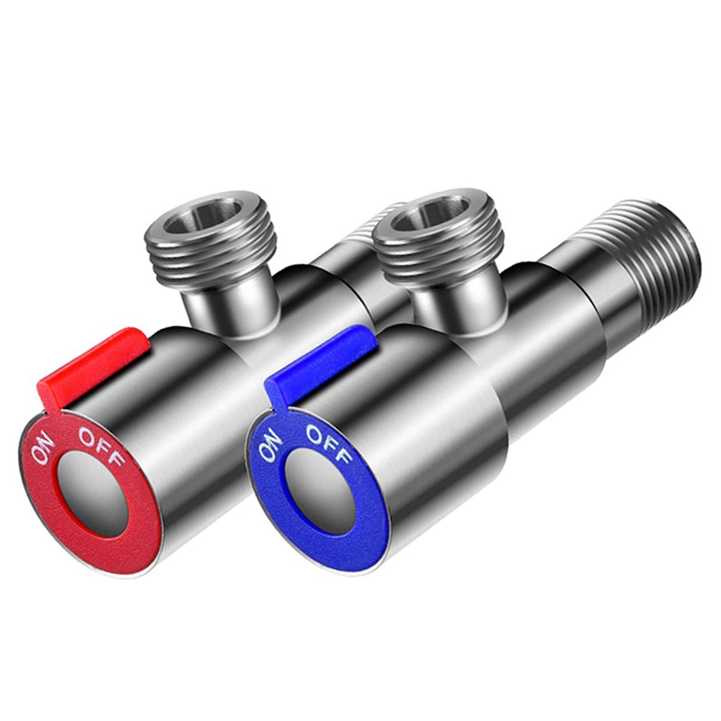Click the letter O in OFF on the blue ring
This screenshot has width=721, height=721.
312,432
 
